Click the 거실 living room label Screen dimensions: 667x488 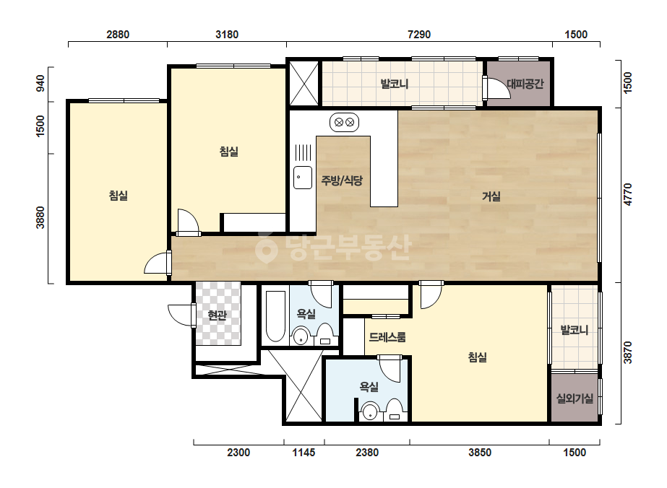pyautogui.click(x=491, y=196)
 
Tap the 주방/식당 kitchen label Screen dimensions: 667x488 pyautogui.click(x=342, y=180)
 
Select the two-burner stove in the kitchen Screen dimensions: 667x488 pyautogui.click(x=344, y=123)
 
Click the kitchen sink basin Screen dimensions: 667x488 pyautogui.click(x=303, y=178)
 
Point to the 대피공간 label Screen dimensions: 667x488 pyautogui.click(x=525, y=84)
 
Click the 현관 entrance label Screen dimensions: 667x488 pyautogui.click(x=217, y=315)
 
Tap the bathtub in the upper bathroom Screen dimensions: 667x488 pyautogui.click(x=275, y=316)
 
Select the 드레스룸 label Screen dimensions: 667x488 pyautogui.click(x=387, y=338)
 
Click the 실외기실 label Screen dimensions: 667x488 pyautogui.click(x=575, y=398)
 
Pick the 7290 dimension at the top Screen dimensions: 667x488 pyautogui.click(x=419, y=35)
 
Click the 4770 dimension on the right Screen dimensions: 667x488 pyautogui.click(x=628, y=195)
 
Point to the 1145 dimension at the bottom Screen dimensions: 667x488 pyautogui.click(x=304, y=453)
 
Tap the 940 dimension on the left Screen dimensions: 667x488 pyautogui.click(x=40, y=83)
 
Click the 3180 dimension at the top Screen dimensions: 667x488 pyautogui.click(x=227, y=35)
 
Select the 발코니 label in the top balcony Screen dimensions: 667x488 pyautogui.click(x=395, y=84)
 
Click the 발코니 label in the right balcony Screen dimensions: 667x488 pyautogui.click(x=575, y=330)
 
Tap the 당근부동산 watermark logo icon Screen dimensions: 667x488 pyautogui.click(x=266, y=248)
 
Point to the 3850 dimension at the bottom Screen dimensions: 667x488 pyautogui.click(x=480, y=453)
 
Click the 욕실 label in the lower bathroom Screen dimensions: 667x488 pyautogui.click(x=369, y=387)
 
